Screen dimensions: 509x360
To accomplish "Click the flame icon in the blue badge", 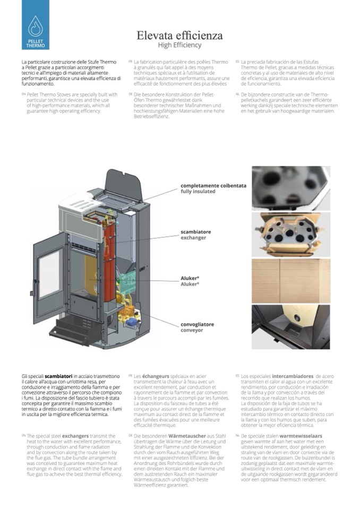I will coord(36,24).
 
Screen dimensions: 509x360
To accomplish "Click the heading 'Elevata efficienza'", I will coord(179,36).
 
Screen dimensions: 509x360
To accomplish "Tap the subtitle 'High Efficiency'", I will coord(179,45).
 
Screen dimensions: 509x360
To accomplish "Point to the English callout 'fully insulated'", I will coord(198,191).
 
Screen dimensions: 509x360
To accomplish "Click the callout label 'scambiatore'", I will coord(195,232).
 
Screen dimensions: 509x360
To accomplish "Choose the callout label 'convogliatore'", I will coord(198,324).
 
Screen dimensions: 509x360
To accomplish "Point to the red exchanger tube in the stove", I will coord(109,255).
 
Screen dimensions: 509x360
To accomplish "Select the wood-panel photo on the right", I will coord(290,280).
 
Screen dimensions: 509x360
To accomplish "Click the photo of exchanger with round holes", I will coord(290,234).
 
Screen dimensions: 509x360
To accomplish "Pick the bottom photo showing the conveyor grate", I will coord(290,326).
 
